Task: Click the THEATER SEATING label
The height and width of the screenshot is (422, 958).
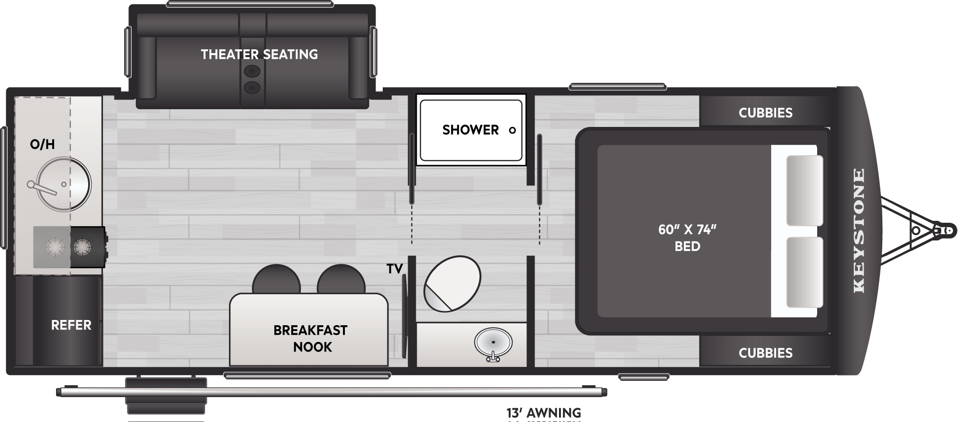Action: click(259, 55)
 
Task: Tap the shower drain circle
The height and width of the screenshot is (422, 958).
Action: click(512, 130)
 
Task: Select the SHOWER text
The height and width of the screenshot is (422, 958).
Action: click(470, 130)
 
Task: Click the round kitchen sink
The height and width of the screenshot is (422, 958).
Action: click(63, 184)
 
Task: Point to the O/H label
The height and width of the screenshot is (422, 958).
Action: click(42, 144)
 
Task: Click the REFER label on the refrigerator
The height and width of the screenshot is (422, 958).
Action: click(71, 325)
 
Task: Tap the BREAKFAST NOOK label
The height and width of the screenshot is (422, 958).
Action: click(310, 339)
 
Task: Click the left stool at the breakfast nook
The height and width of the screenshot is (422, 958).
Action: click(276, 279)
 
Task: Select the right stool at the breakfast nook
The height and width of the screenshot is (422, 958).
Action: click(341, 279)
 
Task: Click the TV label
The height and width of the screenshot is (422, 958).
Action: click(395, 269)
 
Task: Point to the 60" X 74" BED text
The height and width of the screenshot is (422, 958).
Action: click(687, 238)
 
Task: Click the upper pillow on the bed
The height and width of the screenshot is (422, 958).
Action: click(805, 191)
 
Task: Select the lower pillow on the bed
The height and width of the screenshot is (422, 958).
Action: click(805, 272)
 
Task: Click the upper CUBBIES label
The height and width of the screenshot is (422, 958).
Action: click(765, 113)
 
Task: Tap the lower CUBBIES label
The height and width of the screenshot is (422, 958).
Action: click(765, 353)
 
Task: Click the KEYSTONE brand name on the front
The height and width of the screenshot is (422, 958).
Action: click(859, 230)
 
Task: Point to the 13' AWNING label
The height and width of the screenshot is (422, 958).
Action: click(544, 412)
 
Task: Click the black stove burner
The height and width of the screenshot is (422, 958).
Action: click(82, 248)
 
